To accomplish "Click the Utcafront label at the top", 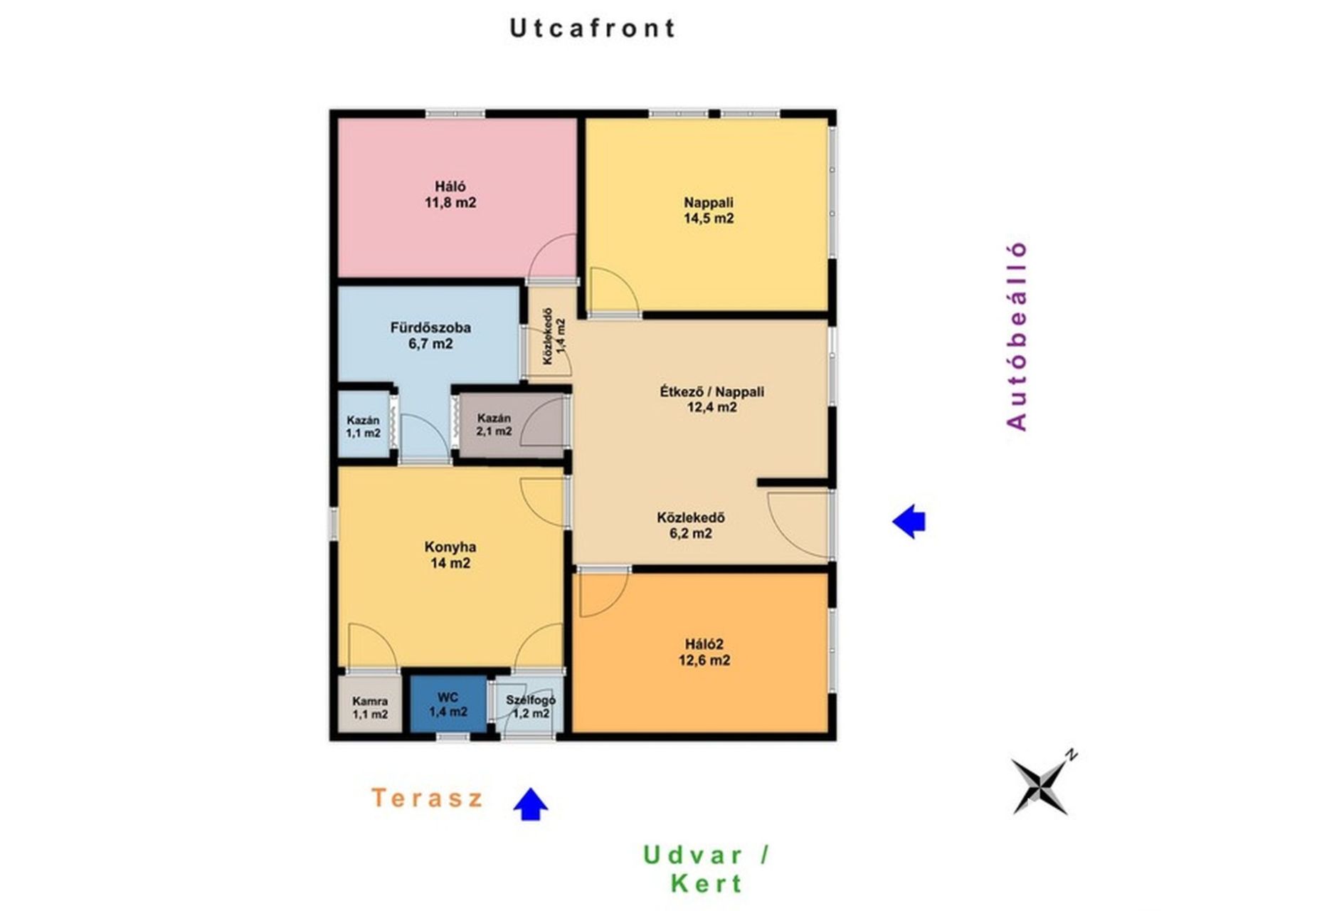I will pyautogui.click(x=592, y=28).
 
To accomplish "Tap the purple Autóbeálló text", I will pyautogui.click(x=1017, y=336).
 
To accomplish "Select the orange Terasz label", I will pyautogui.click(x=427, y=798).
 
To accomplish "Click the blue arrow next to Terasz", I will pyautogui.click(x=531, y=804).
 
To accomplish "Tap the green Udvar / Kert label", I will pyautogui.click(x=706, y=869).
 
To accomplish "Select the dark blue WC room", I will pyautogui.click(x=448, y=704).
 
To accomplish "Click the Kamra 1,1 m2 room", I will pyautogui.click(x=370, y=707).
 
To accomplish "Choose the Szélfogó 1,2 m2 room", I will pyautogui.click(x=531, y=707).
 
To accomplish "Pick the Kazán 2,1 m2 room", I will pyautogui.click(x=494, y=425).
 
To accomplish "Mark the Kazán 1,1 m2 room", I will pyautogui.click(x=363, y=426).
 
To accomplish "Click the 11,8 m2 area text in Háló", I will pyautogui.click(x=450, y=203).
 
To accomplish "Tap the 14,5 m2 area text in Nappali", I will pyautogui.click(x=709, y=218).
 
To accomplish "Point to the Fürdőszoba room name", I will pyautogui.click(x=430, y=328).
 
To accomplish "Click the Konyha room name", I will pyautogui.click(x=450, y=547).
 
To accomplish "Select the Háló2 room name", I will pyautogui.click(x=704, y=644).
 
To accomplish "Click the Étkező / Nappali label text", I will pyautogui.click(x=711, y=391).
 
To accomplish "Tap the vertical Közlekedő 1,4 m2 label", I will pyautogui.click(x=554, y=336).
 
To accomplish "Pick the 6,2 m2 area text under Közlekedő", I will pyautogui.click(x=690, y=534).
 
